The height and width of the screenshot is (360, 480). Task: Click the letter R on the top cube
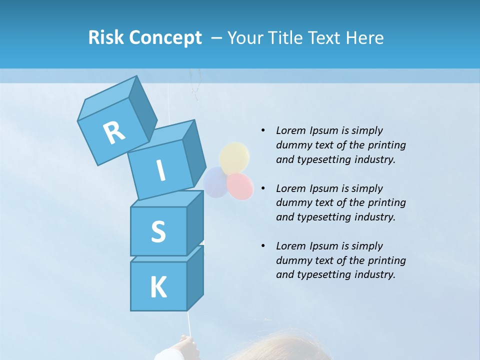114,132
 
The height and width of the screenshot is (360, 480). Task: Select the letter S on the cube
158,231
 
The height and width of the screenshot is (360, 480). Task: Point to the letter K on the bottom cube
158,287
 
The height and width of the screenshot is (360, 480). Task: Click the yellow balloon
234,157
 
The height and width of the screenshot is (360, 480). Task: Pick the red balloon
239,186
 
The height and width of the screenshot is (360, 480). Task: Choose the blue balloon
215,182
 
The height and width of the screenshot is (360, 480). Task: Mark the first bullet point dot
263,130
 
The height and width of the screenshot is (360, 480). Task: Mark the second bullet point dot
263,188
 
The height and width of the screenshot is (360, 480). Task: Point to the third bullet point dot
263,246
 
